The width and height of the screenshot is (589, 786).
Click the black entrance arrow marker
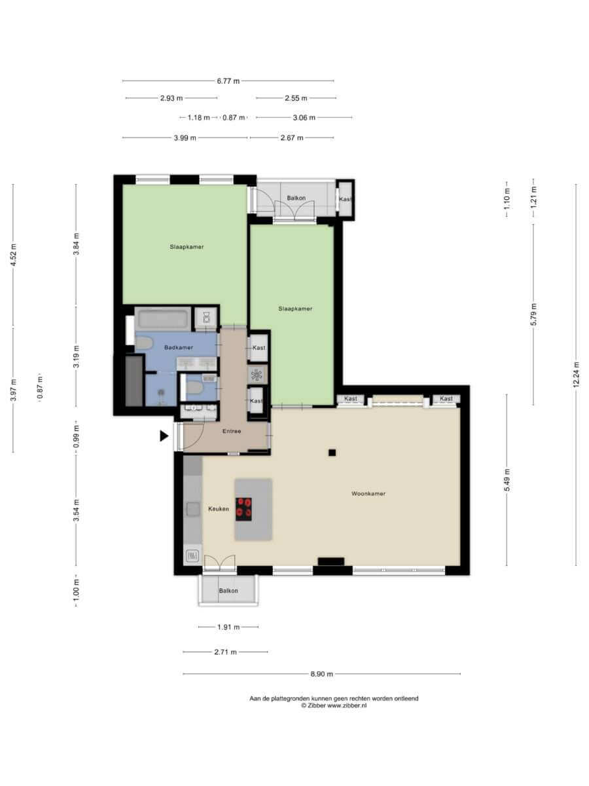tap(164, 436)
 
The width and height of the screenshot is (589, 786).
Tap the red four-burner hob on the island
tap(243, 509)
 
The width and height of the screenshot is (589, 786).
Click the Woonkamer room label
tap(368, 493)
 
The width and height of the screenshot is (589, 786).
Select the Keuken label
tap(219, 508)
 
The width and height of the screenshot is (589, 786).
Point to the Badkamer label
tap(179, 347)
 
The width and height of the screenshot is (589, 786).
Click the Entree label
tap(232, 431)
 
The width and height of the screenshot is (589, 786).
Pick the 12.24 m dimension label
tap(576, 374)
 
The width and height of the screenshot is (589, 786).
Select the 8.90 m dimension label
tap(321, 674)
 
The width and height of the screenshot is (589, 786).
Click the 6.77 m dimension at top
tap(228, 81)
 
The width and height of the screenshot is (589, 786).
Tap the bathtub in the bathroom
tap(164, 318)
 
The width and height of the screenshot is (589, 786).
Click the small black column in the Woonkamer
tap(332, 453)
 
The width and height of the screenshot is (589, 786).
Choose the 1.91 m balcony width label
tap(228, 627)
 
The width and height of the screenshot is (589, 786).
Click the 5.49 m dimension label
tap(507, 480)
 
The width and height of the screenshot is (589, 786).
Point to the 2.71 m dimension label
tap(225, 652)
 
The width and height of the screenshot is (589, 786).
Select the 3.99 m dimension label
tap(185, 138)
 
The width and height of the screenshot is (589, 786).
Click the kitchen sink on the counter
tap(193, 509)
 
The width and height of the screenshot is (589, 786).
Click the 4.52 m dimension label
tap(13, 255)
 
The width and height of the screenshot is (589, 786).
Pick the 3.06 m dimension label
tap(304, 117)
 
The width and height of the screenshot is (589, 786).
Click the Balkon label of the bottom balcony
tap(228, 591)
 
